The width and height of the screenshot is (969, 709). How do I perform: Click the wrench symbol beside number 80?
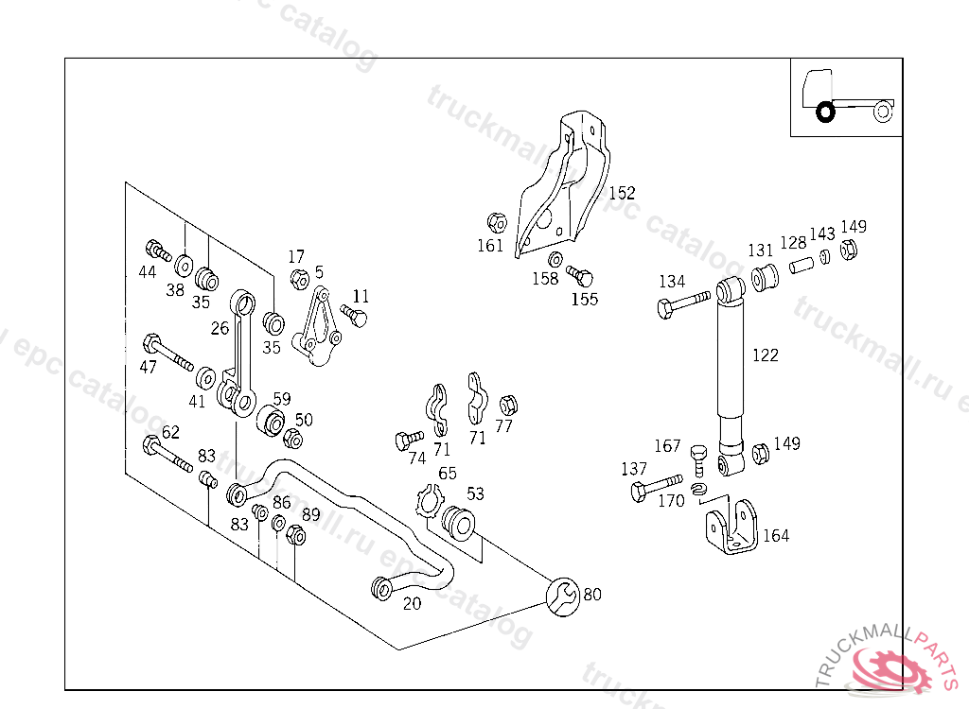point(563,596)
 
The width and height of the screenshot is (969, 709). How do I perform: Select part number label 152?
point(622,193)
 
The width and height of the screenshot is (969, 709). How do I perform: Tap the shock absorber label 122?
point(766,355)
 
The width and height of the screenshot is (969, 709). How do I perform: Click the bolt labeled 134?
point(681,303)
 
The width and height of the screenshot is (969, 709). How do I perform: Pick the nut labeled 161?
point(496,223)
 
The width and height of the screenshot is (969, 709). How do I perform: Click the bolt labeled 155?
point(579,276)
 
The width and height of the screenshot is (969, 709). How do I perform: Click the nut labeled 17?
point(297,279)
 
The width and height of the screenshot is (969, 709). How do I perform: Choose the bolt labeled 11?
point(354,314)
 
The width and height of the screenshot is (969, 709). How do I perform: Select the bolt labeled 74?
point(410,440)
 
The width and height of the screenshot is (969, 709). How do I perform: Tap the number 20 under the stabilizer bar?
point(412,604)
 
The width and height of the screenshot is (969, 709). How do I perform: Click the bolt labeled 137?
point(653,489)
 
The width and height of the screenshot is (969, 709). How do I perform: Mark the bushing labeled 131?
point(765,279)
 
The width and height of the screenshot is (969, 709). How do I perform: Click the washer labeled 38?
point(184,264)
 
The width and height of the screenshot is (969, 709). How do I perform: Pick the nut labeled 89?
point(295,536)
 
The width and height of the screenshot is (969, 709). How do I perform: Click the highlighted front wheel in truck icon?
point(825,112)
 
